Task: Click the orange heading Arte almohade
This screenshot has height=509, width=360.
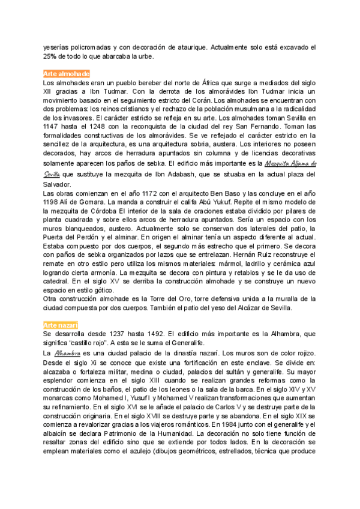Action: point(67,73)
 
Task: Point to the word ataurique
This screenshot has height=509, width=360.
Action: point(191,46)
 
